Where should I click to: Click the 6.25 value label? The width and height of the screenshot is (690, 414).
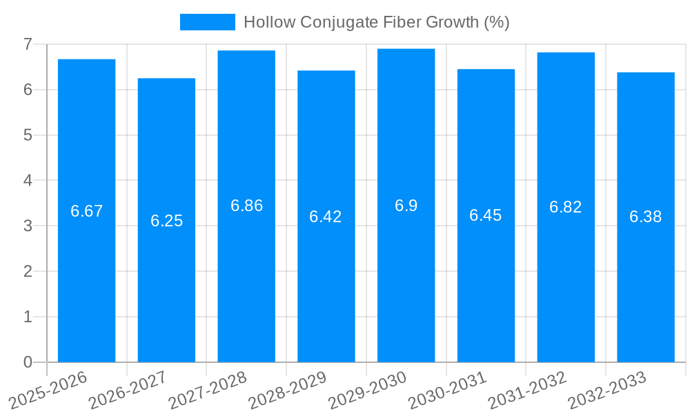click(166, 221)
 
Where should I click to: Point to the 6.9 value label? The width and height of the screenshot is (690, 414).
click(406, 206)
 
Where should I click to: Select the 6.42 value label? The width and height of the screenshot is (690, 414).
click(326, 217)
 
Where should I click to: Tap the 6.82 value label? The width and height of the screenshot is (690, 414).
click(565, 207)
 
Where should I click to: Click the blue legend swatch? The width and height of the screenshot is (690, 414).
click(207, 22)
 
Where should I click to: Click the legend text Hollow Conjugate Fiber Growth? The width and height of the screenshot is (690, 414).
click(376, 22)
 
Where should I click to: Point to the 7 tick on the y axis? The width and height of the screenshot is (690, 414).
click(28, 44)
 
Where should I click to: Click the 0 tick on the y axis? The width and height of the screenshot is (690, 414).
click(28, 362)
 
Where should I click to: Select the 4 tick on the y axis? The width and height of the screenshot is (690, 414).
click(28, 181)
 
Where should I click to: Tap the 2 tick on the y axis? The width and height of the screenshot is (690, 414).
click(28, 271)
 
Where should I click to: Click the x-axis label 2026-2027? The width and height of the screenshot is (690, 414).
click(128, 389)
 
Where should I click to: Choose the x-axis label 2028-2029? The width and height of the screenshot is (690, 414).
click(288, 389)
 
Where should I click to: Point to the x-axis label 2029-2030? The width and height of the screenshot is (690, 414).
click(368, 389)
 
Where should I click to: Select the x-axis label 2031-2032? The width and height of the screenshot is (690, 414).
click(528, 389)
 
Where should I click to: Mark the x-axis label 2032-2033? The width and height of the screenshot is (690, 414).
click(607, 389)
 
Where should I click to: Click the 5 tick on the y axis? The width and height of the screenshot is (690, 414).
click(28, 135)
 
